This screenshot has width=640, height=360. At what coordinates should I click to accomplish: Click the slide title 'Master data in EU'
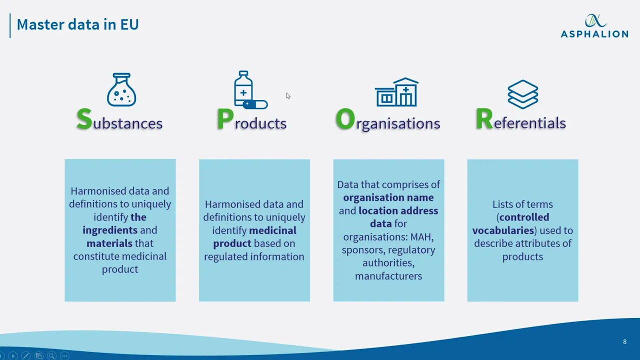77,24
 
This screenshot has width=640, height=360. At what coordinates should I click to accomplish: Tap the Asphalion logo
594,26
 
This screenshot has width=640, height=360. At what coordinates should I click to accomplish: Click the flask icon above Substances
121,90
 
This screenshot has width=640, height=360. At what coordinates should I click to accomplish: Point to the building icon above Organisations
396,92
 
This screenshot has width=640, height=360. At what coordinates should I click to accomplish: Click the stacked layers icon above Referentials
522,94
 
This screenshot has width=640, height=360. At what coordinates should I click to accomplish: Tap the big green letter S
84,119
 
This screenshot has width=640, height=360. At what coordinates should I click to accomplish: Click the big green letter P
225,120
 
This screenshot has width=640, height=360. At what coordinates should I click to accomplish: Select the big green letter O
345,120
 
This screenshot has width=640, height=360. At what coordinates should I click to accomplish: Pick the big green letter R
484,120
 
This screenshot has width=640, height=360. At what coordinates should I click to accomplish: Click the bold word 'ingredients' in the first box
109,230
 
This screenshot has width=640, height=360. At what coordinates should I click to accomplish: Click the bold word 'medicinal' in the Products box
272,230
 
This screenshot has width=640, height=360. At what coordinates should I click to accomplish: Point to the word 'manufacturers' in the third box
388,275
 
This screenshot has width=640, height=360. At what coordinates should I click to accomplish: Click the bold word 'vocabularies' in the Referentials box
503,230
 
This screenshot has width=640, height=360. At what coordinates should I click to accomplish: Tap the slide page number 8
624,342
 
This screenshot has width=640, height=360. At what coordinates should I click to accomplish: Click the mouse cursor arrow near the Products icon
288,95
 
